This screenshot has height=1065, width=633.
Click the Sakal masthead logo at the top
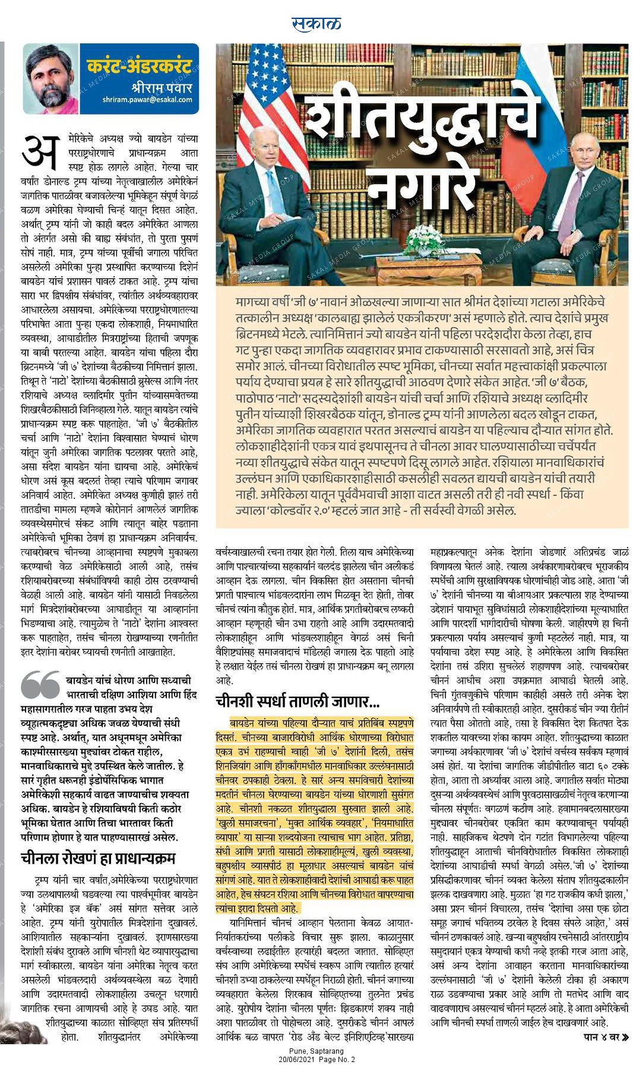[316, 23]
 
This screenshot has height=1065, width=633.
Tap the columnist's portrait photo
[51, 79]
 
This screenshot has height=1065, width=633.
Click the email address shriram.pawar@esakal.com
[147, 100]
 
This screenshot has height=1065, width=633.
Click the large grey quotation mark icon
[40, 685]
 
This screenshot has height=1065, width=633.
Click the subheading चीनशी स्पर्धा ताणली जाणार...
[297, 702]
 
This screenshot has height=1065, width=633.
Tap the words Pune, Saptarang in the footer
[316, 1051]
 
